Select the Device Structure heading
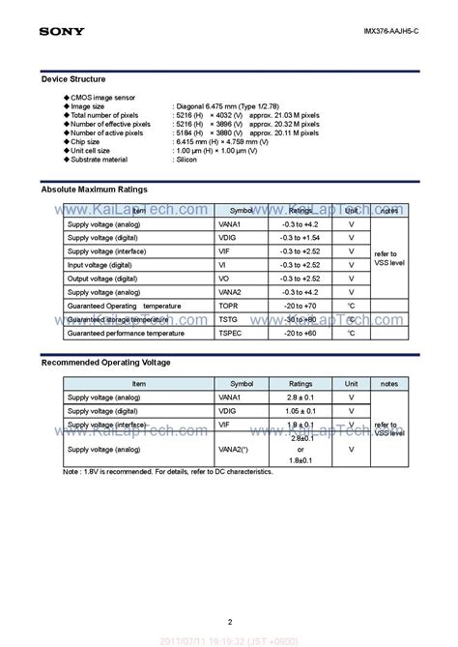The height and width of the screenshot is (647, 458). tap(73, 78)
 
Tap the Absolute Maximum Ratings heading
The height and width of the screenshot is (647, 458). tap(95, 191)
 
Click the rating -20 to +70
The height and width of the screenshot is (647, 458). tap(301, 305)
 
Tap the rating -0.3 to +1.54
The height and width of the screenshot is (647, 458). tap(301, 237)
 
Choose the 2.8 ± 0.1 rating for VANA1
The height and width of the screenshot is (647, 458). tap(301, 397)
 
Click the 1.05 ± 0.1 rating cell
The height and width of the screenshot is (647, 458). tap(301, 410)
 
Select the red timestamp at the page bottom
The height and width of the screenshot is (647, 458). tap(229, 639)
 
